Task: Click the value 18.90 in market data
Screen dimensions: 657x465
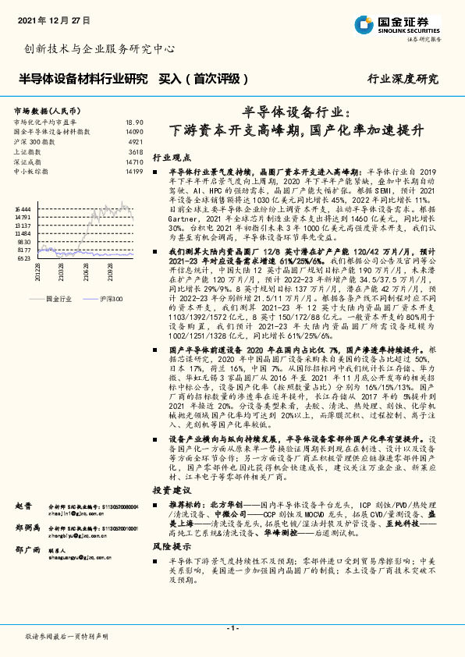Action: pos(134,123)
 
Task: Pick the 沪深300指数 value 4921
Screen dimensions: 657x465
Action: pos(136,142)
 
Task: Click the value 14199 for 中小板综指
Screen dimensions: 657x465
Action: pos(134,170)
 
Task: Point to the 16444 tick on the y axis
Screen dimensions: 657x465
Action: pos(23,210)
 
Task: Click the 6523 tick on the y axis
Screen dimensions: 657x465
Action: pos(24,257)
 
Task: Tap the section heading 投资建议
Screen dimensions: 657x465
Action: pos(170,490)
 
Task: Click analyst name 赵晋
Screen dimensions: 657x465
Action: pos(22,506)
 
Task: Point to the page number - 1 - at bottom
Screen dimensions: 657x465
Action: pos(232,628)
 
